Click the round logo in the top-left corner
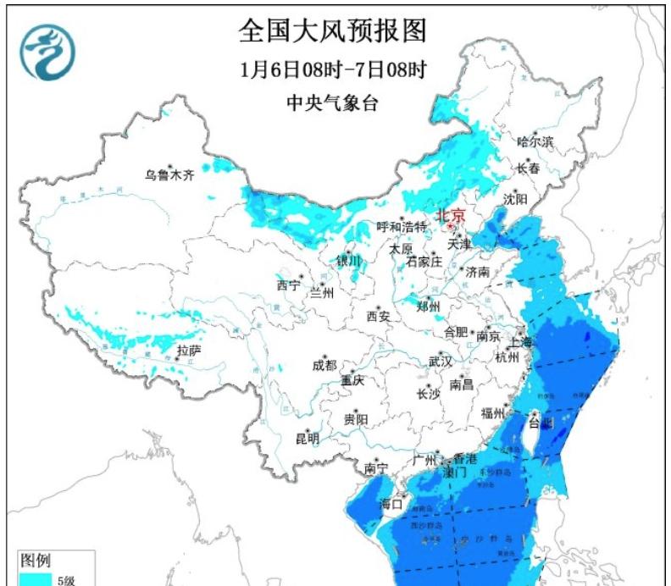(x=48, y=52)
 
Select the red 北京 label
(x=451, y=216)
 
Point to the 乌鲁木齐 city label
(x=169, y=175)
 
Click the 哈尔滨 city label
(x=535, y=141)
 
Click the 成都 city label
(x=324, y=365)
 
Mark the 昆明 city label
(x=308, y=439)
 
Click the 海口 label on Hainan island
(x=391, y=504)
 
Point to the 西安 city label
(x=378, y=317)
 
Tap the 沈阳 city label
(x=515, y=199)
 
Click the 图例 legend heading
(x=35, y=561)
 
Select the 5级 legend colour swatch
(x=34, y=579)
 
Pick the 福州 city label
(x=492, y=413)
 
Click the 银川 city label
(x=348, y=261)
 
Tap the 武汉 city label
(x=441, y=361)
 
